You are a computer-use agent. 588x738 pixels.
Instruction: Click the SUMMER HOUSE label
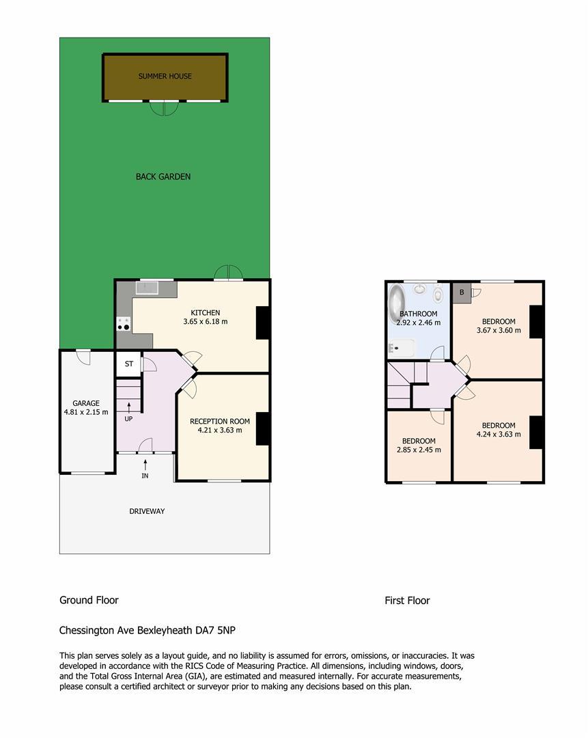[x=165, y=76]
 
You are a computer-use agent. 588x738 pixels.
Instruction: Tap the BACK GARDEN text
[x=163, y=176]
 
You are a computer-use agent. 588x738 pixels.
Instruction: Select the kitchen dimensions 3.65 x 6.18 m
[x=206, y=321]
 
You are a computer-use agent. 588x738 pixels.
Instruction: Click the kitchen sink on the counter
[x=147, y=287]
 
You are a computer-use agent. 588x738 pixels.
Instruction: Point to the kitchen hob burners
[x=123, y=324]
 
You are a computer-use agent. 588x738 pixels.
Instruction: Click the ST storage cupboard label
[x=129, y=364]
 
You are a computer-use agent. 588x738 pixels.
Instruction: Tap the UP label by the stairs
[x=128, y=419]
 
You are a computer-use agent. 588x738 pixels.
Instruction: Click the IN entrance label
[x=145, y=476]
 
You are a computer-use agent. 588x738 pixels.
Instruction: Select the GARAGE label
[x=86, y=403]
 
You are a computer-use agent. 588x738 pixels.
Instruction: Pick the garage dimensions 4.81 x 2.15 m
[x=86, y=412]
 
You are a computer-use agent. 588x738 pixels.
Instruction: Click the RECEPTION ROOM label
[x=220, y=421]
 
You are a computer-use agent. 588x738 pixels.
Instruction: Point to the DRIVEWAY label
[x=147, y=511]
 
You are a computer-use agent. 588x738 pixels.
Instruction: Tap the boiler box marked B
[x=462, y=292]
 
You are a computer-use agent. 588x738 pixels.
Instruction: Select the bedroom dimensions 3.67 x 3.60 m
[x=499, y=331]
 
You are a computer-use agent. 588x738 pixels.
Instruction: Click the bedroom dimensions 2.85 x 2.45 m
[x=419, y=450]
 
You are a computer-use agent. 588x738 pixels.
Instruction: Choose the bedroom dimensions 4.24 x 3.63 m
[x=499, y=434]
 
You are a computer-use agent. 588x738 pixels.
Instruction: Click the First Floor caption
[x=408, y=601]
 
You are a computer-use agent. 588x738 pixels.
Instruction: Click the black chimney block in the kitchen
[x=263, y=323]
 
